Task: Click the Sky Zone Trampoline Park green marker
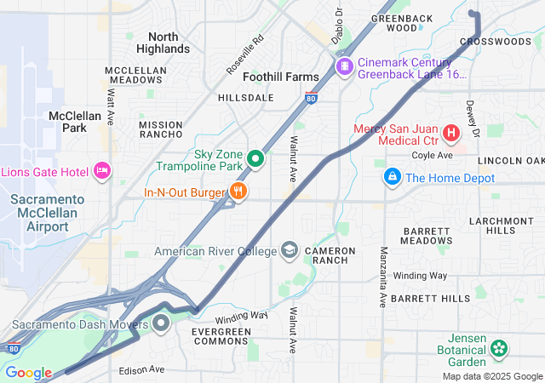(255, 159)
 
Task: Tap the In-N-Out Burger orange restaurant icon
(238, 192)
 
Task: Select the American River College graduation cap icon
(290, 250)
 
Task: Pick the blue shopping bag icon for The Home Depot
(392, 177)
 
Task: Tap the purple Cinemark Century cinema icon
(344, 66)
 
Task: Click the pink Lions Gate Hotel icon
(102, 171)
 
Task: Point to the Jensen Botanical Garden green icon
(499, 348)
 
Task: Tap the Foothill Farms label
(281, 77)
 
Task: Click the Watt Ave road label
(111, 106)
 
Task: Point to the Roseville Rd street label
(244, 54)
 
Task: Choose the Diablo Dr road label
(337, 26)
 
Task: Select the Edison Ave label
(141, 369)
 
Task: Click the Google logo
(28, 373)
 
